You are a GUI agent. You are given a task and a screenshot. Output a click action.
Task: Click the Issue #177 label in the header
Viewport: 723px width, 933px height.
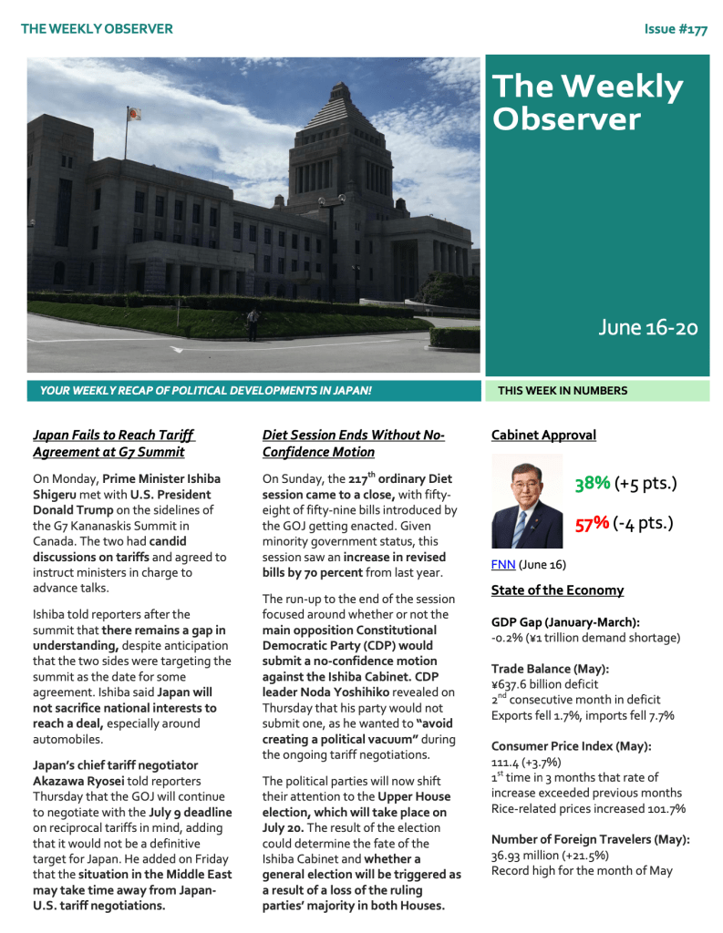(x=675, y=29)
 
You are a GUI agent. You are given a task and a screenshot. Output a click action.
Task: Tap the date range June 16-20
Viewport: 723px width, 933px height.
(x=647, y=328)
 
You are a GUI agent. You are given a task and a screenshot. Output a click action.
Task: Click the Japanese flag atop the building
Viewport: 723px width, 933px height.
(x=134, y=115)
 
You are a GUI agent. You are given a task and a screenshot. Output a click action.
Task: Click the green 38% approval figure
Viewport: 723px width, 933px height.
(x=592, y=483)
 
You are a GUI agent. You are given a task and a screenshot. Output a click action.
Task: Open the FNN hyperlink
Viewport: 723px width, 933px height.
(x=502, y=564)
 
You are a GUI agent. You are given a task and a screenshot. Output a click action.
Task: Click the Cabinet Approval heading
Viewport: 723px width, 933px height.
(x=543, y=436)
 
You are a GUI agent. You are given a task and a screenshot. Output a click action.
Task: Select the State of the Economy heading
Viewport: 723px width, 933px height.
(x=557, y=590)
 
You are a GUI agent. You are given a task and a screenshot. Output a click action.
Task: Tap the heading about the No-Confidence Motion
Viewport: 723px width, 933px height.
(x=353, y=444)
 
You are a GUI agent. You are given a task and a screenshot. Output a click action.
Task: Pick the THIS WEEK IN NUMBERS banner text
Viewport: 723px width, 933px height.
(x=563, y=391)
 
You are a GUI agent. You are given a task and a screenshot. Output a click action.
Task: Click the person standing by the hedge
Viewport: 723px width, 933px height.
(x=253, y=321)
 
